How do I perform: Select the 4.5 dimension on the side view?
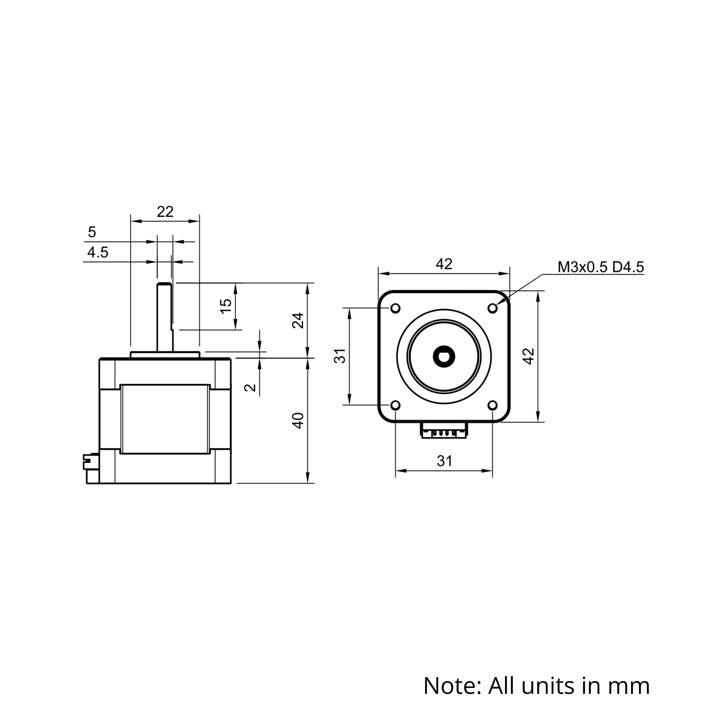coord(98,253)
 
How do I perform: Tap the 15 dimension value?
coord(226,306)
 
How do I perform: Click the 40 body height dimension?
coord(298,421)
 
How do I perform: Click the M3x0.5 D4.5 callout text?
coord(601,267)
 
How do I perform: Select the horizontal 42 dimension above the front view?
coord(444,264)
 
